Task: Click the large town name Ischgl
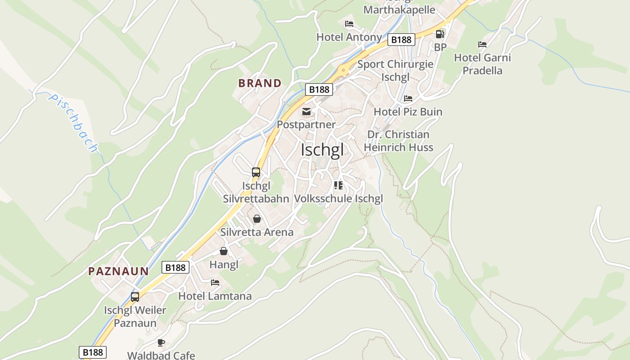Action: (x=322, y=150)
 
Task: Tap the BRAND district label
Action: (x=260, y=83)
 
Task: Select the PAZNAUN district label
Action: (x=118, y=271)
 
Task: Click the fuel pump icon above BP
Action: (x=440, y=34)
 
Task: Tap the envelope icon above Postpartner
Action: (x=306, y=112)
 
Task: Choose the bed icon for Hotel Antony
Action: (x=349, y=24)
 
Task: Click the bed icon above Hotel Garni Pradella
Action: (x=482, y=45)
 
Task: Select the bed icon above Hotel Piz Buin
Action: (x=408, y=99)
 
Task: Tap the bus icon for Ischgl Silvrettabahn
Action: (x=256, y=172)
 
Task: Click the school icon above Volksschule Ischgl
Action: (x=338, y=185)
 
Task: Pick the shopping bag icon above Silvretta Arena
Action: (x=256, y=219)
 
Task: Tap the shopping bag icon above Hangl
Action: (x=224, y=251)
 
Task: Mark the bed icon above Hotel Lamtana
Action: (x=215, y=283)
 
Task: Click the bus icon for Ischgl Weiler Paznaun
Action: (x=135, y=297)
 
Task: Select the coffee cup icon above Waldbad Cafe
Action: (x=161, y=343)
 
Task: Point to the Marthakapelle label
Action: (x=399, y=10)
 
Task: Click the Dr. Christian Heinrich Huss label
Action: (x=398, y=141)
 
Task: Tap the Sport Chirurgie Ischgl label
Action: (x=395, y=71)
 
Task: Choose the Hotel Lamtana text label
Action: (x=215, y=296)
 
